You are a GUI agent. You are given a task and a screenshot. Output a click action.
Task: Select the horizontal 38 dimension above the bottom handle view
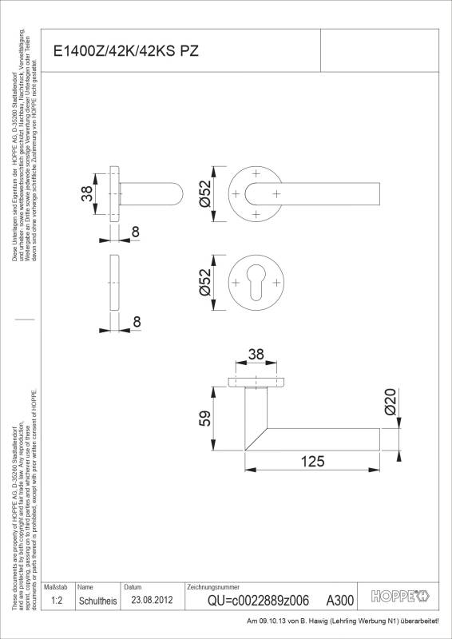coord(256,355)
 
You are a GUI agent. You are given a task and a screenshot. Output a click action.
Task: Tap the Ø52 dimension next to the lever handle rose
coord(205,194)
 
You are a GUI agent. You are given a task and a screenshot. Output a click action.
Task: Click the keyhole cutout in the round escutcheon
coord(256,284)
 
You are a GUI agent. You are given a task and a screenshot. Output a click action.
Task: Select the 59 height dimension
coord(204,419)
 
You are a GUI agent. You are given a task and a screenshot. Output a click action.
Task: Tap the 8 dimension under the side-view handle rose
coord(136,232)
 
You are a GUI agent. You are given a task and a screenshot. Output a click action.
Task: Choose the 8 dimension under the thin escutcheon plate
coord(136,322)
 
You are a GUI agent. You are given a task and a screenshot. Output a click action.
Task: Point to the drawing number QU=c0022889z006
coord(257,601)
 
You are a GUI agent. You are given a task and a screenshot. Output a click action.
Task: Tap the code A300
coord(340,601)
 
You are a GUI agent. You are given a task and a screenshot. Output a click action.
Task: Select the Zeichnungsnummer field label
coord(212,587)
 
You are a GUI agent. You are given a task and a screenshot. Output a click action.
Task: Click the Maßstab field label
coord(55,587)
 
